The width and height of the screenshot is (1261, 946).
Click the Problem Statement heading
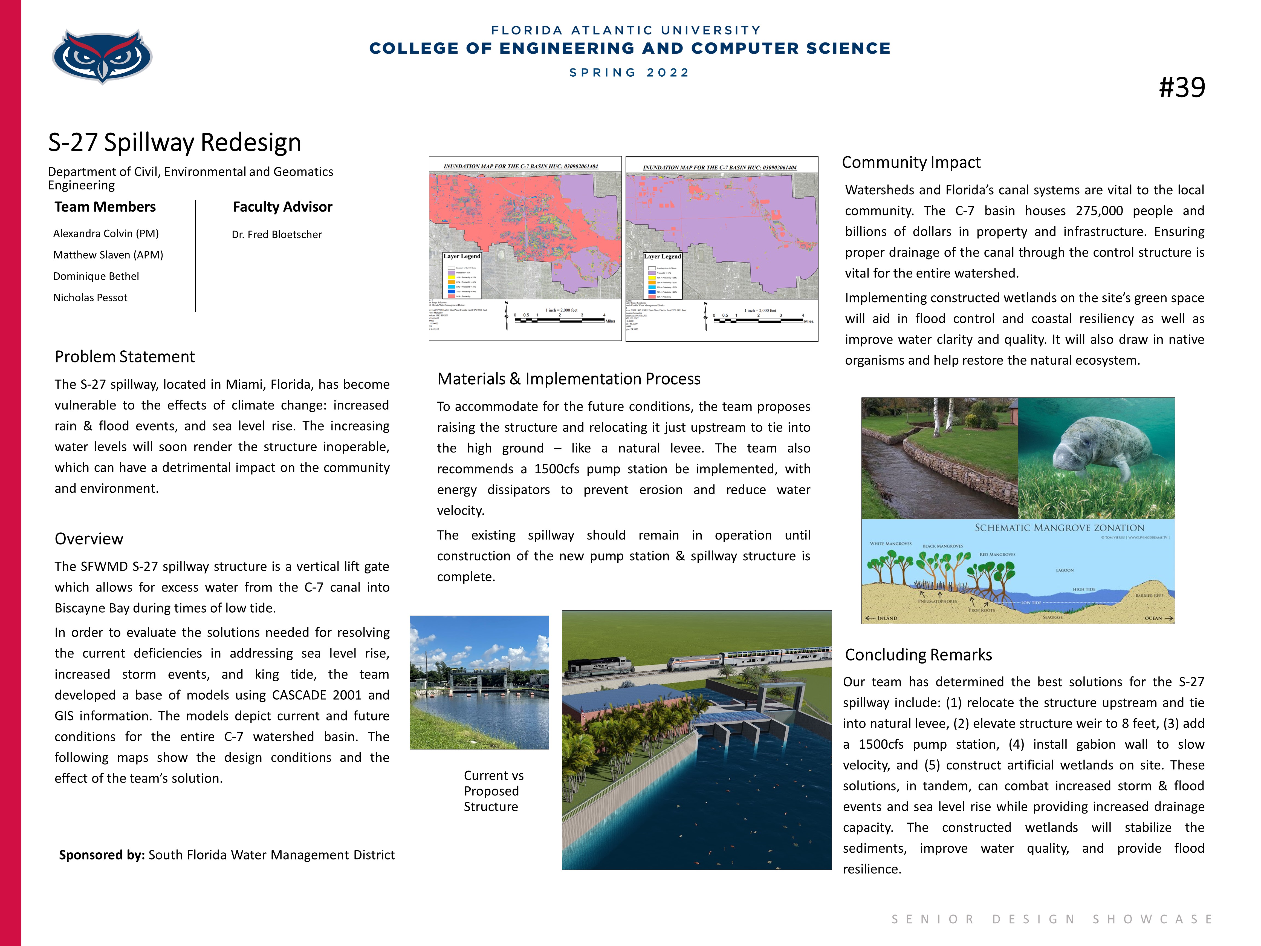tap(125, 357)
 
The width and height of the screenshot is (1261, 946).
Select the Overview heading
tap(89, 539)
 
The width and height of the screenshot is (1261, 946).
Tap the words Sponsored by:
tap(102, 855)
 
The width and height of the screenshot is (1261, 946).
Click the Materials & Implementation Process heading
tap(568, 379)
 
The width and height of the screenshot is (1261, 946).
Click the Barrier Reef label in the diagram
tap(1149, 595)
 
